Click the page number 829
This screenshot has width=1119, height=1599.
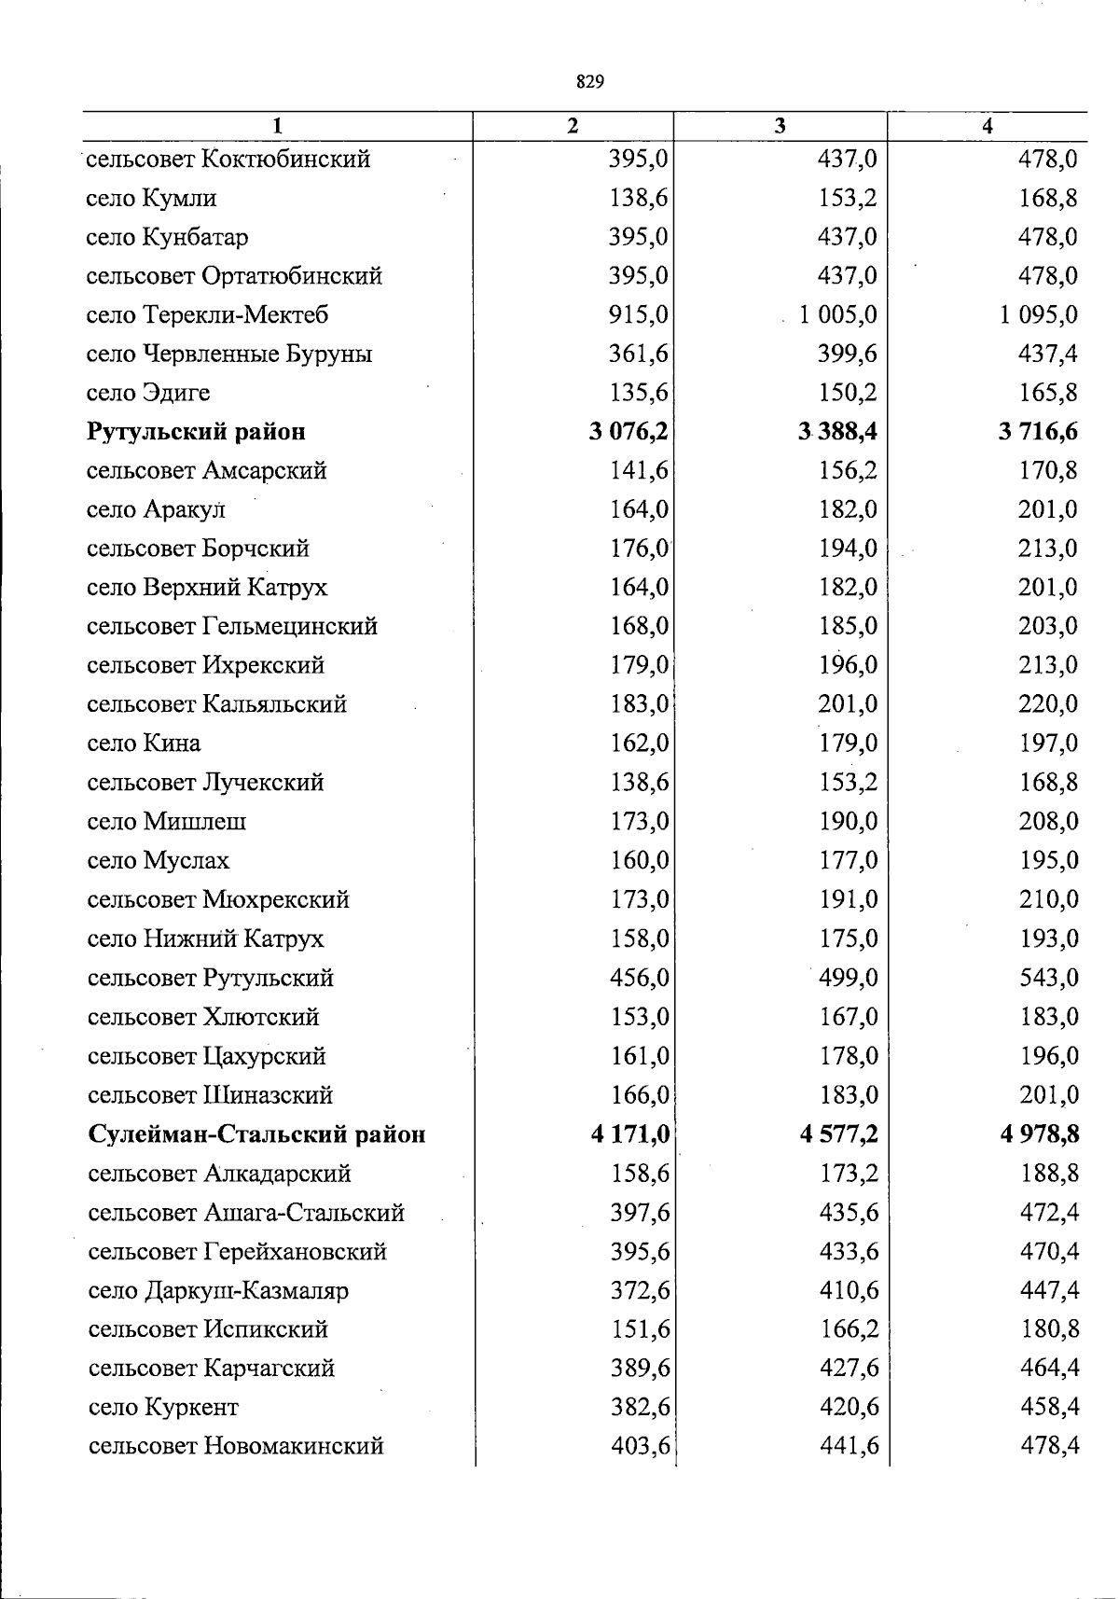click(590, 82)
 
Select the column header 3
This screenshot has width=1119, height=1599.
click(780, 126)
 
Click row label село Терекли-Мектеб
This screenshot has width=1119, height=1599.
click(207, 315)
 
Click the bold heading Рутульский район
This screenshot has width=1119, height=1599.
click(196, 432)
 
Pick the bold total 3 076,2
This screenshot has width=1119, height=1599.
click(629, 432)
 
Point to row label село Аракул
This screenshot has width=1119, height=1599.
click(157, 510)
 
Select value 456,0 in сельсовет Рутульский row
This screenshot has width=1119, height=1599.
click(640, 979)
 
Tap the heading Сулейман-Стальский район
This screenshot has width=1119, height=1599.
click(256, 1135)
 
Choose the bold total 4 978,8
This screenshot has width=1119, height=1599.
click(1040, 1135)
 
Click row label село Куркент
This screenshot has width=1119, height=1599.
click(163, 1408)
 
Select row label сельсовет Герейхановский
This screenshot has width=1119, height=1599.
click(237, 1252)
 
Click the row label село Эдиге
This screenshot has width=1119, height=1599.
click(148, 394)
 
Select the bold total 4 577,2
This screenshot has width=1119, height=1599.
click(838, 1135)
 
